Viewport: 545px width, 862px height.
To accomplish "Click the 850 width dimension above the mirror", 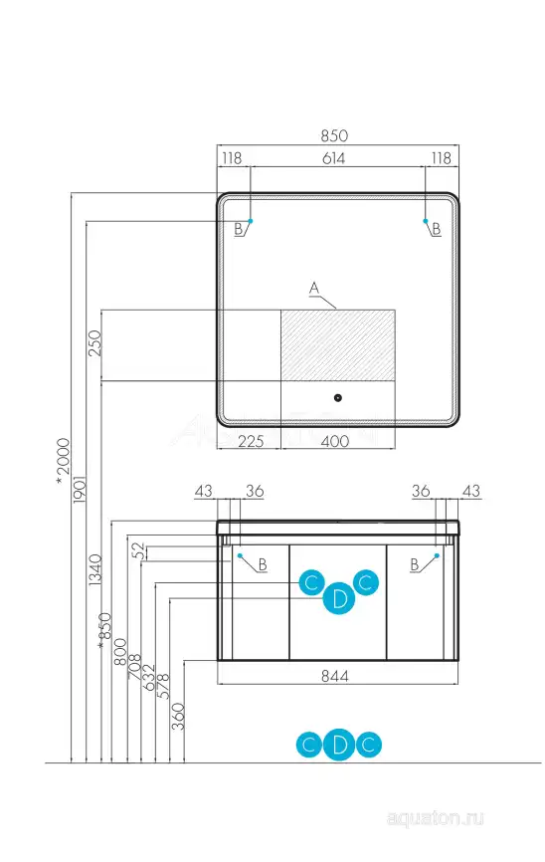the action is [334, 135].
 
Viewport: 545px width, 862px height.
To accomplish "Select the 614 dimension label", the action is [333, 158].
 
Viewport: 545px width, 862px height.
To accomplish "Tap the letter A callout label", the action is [314, 288].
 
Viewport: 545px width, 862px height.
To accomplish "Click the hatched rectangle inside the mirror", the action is [338, 344].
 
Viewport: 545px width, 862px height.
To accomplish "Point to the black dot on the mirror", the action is [338, 397].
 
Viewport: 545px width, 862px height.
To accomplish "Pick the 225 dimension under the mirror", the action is [251, 441].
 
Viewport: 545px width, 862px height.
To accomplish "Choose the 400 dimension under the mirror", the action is [334, 441].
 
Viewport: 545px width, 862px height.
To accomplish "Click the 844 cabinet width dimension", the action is [334, 676].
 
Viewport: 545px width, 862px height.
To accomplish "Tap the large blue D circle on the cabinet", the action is [339, 598].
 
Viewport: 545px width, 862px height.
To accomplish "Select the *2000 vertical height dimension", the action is [64, 461].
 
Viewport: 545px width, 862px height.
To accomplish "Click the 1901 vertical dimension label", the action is [80, 490].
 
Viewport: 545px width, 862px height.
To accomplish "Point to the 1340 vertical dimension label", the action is [95, 569].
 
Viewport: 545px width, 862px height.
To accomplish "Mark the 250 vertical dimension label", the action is [95, 343].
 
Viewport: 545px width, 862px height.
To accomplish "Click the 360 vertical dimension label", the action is [178, 717].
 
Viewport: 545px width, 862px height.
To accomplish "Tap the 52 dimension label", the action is [138, 550].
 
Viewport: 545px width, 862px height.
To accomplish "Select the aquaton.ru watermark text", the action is [436, 818].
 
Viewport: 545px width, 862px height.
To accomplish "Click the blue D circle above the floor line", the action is [339, 745].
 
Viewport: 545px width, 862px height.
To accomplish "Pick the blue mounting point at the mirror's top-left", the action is [251, 221].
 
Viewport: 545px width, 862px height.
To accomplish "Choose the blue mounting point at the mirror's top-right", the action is [426, 221].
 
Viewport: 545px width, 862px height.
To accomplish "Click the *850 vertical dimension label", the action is [104, 631].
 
